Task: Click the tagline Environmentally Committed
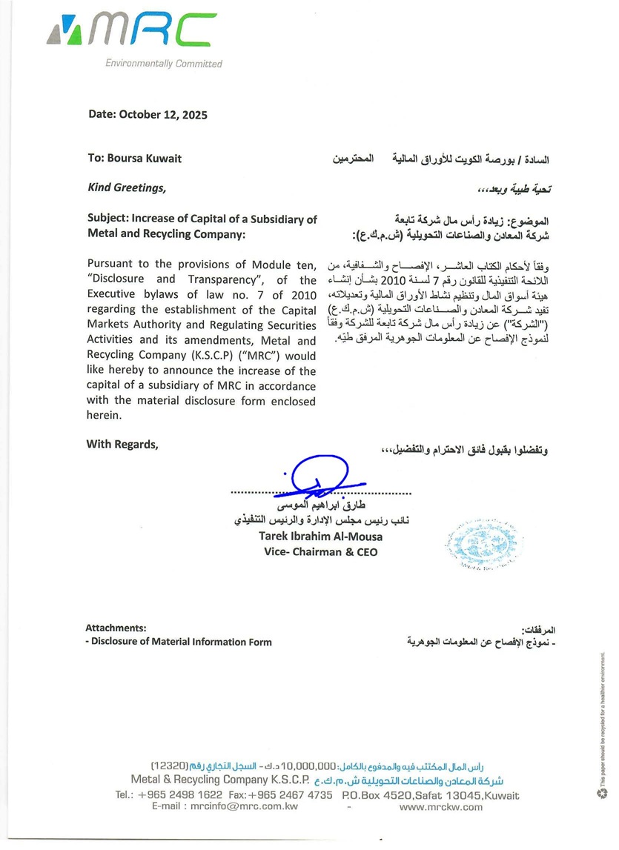[164, 64]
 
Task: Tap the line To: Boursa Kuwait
[134, 159]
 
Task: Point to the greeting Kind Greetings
[127, 188]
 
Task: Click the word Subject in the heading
[107, 219]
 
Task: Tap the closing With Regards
[122, 445]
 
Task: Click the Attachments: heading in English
[121, 628]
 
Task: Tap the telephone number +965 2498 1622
[179, 795]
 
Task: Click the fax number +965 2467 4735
[290, 795]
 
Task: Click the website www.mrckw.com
[440, 807]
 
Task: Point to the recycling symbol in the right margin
[602, 794]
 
